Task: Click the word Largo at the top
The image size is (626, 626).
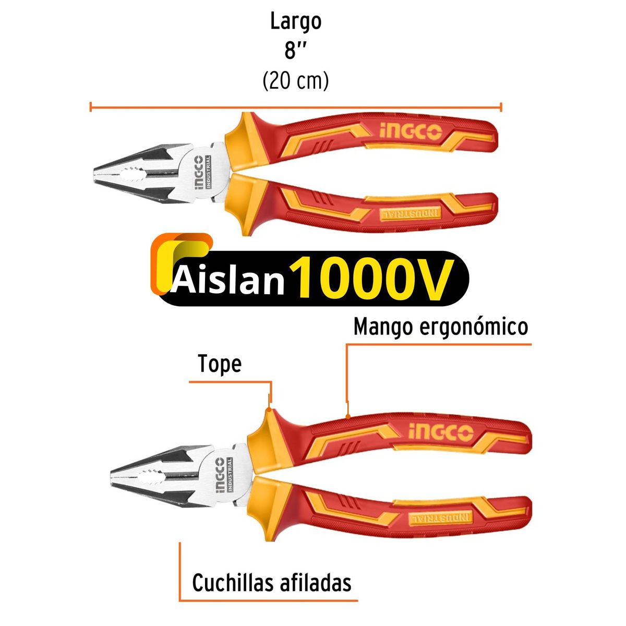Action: pyautogui.click(x=296, y=22)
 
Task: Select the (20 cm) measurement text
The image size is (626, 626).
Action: pyautogui.click(x=296, y=81)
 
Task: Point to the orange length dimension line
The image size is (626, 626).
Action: pyautogui.click(x=296, y=107)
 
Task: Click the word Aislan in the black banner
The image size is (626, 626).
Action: pyautogui.click(x=228, y=281)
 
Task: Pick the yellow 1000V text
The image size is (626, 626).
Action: pyautogui.click(x=370, y=279)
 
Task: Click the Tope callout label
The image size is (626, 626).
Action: pyautogui.click(x=220, y=364)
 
